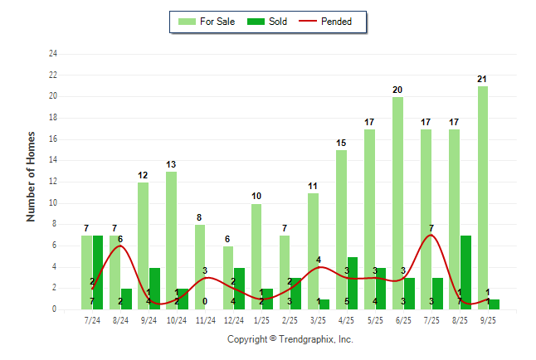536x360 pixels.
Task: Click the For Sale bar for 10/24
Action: (x=171, y=241)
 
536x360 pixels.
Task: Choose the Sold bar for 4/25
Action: (x=353, y=283)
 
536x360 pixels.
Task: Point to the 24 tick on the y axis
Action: (x=53, y=54)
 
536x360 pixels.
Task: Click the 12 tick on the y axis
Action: (x=53, y=182)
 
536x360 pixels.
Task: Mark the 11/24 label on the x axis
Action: (x=206, y=320)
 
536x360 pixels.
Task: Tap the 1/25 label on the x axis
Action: (x=262, y=320)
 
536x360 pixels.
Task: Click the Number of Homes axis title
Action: (x=32, y=176)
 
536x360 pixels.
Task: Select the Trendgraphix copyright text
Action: (x=290, y=339)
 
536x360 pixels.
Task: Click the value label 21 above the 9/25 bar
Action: (x=482, y=79)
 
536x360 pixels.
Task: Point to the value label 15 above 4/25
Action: (x=341, y=144)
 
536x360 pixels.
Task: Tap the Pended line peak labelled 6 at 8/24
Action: (x=120, y=246)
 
